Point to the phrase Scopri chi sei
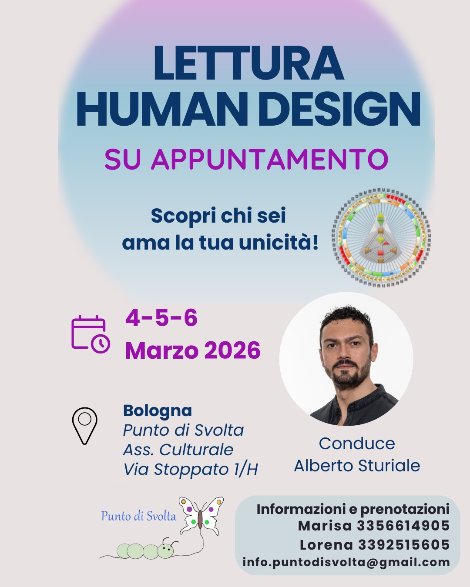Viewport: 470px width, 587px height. click(x=218, y=216)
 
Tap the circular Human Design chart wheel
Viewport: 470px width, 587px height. click(x=381, y=237)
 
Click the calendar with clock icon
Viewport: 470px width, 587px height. click(x=91, y=334)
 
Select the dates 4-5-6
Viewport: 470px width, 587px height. click(x=161, y=318)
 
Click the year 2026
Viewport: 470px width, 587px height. click(x=232, y=350)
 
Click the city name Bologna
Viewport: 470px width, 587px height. click(x=158, y=411)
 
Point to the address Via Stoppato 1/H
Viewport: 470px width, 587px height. click(x=191, y=469)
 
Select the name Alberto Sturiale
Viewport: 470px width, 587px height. click(x=357, y=465)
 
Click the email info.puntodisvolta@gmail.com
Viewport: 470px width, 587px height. click(x=346, y=563)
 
